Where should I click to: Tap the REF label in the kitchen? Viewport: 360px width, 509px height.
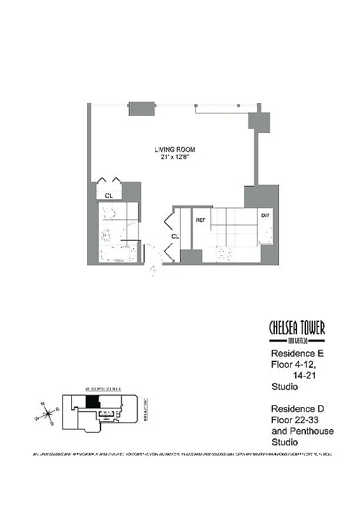tap(200, 220)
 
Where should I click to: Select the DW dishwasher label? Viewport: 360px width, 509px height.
tap(265, 216)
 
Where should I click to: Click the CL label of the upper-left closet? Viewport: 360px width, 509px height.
tap(109, 195)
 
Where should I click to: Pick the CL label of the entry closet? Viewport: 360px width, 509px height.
tap(175, 236)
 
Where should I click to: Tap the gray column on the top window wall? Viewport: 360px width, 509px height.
tap(142, 108)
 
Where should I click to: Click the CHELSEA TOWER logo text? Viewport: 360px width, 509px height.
tap(297, 328)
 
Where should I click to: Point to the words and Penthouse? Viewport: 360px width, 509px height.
tap(302, 431)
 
